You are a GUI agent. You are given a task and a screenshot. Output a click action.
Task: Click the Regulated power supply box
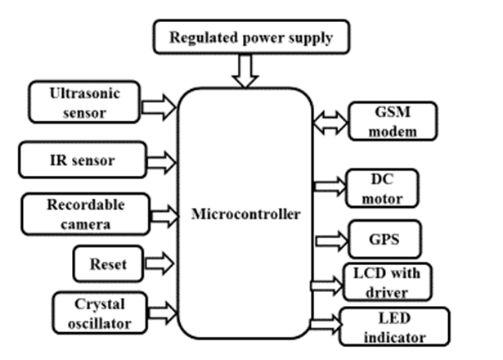point(251,38)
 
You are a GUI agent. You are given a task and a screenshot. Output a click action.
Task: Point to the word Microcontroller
point(245,214)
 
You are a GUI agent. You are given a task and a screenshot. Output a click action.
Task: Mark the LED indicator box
point(394,327)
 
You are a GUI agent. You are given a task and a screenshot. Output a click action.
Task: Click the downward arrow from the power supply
point(245,71)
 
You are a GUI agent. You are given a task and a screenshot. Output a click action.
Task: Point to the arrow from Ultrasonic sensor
point(159,105)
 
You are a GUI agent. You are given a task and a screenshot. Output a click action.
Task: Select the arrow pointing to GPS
point(330,240)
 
